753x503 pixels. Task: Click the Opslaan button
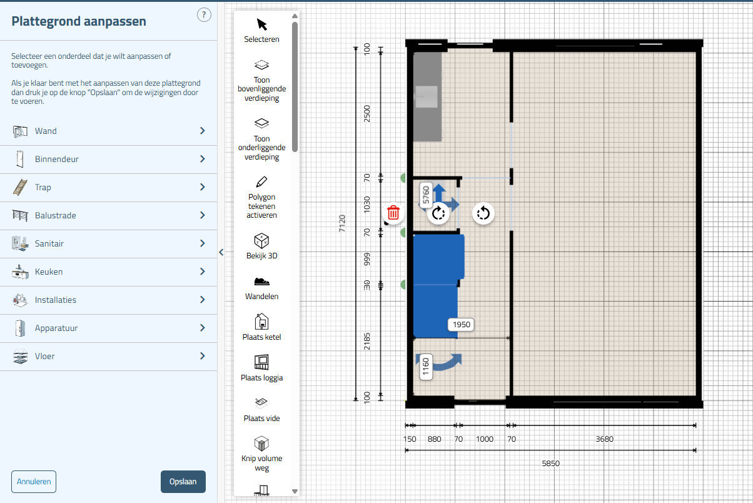tap(183, 482)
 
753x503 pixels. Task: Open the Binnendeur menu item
tap(108, 159)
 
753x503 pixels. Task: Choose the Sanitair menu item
tap(108, 243)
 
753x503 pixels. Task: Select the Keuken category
tap(108, 272)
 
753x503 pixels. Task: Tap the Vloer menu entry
tap(108, 356)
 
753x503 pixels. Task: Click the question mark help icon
tap(204, 15)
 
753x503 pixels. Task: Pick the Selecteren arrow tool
tap(261, 25)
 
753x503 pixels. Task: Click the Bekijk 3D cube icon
tap(261, 240)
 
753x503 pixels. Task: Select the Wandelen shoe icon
tap(261, 282)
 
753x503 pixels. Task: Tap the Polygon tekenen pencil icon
tap(261, 181)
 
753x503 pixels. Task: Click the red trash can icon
tap(393, 213)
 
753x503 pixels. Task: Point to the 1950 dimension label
tap(461, 325)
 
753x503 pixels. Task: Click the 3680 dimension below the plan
tap(604, 439)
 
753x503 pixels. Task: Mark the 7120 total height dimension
tap(342, 223)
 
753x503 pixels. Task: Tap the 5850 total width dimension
tap(550, 464)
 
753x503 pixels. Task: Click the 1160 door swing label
tap(426, 367)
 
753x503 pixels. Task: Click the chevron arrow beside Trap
tap(203, 187)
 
